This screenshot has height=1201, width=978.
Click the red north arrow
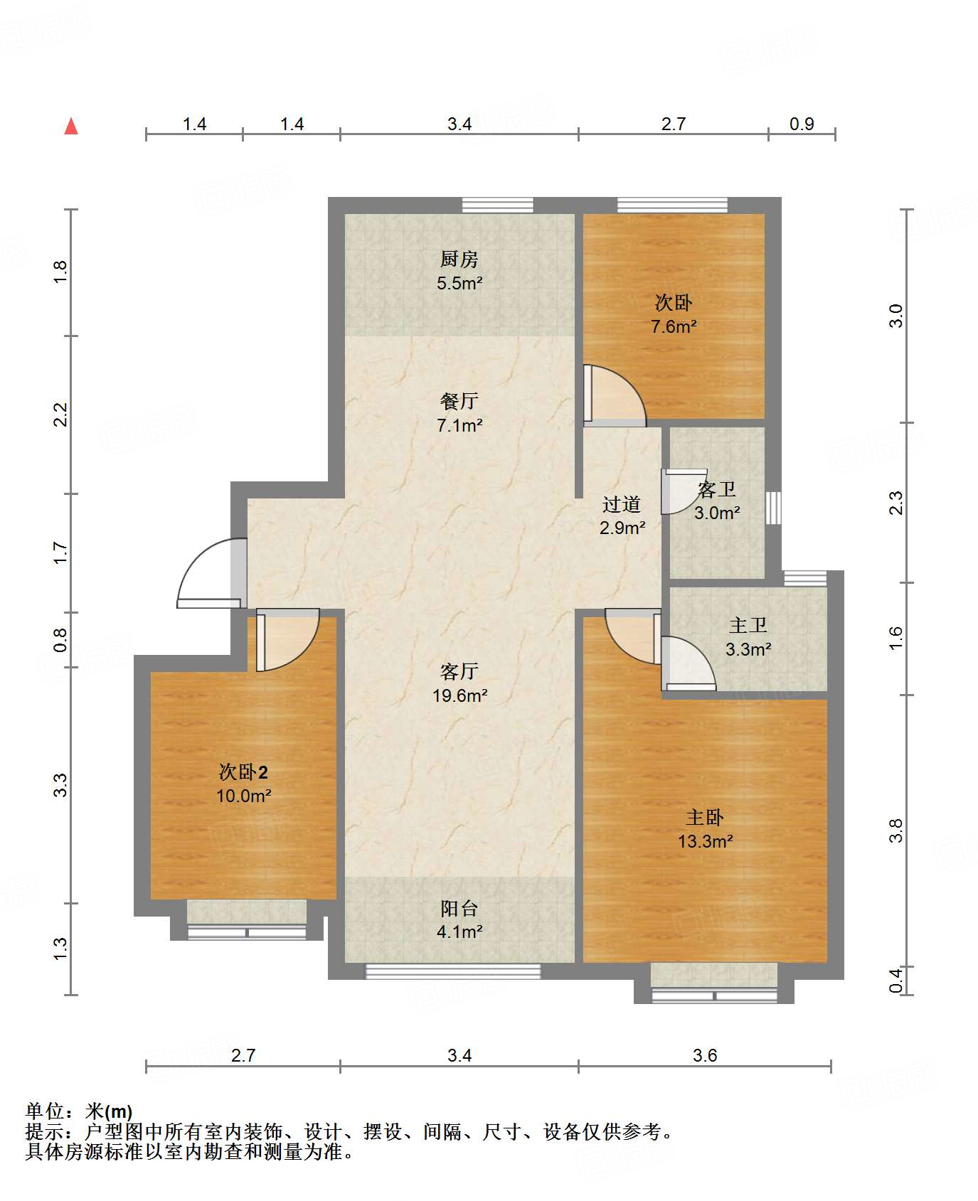(71, 126)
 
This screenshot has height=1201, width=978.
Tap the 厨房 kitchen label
(459, 259)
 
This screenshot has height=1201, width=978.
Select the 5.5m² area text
(459, 283)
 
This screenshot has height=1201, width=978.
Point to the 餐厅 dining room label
(459, 401)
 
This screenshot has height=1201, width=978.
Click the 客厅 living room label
(459, 671)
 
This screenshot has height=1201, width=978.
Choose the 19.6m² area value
(459, 695)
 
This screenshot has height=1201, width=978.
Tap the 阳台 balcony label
(459, 908)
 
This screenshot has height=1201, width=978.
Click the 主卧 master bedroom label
(705, 817)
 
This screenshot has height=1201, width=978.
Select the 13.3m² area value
(705, 842)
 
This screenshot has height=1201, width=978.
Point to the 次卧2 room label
(243, 772)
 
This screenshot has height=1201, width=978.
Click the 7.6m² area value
(674, 326)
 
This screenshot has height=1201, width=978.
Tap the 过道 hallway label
(622, 504)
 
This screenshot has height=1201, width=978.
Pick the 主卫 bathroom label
(748, 625)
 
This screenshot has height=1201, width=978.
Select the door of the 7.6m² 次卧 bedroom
(615, 395)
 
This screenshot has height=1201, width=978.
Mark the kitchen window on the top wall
(498, 205)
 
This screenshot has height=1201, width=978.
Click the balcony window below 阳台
(453, 971)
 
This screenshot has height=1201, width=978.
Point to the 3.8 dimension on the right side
(896, 830)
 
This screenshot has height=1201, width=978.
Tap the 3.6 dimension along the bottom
(705, 1055)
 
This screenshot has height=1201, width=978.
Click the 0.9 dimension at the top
(802, 124)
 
